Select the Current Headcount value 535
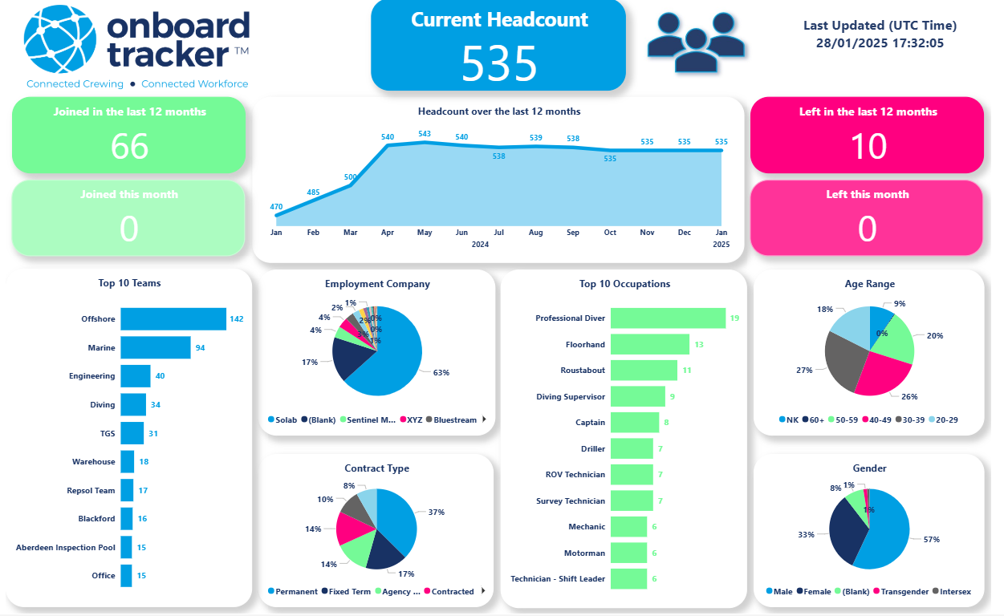tap(498, 63)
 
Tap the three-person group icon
tap(696, 44)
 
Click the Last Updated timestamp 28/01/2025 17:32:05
tap(880, 43)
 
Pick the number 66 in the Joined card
tap(129, 146)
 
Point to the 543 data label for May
tap(425, 134)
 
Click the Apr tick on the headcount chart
tap(388, 233)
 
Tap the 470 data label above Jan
tap(276, 207)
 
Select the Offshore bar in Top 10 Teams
tap(173, 319)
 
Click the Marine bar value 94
tap(201, 348)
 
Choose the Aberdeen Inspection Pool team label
tap(66, 548)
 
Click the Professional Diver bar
tap(667, 318)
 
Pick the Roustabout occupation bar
tap(644, 371)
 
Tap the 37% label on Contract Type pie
tap(436, 512)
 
